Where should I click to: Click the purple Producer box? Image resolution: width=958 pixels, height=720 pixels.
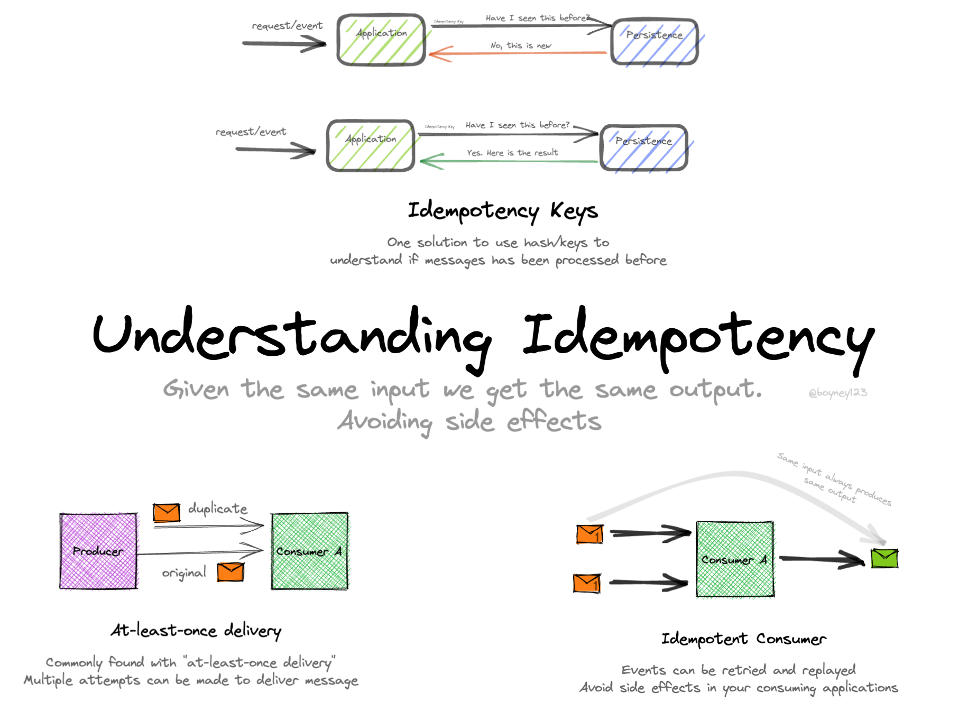(98, 551)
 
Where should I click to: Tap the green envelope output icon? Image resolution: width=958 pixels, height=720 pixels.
(885, 558)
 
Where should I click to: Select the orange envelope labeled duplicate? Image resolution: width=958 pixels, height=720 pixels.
(167, 512)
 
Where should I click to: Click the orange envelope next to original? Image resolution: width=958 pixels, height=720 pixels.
(231, 572)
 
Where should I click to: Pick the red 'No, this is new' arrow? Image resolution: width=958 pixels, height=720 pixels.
(518, 53)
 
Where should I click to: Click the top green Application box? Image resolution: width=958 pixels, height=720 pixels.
(381, 40)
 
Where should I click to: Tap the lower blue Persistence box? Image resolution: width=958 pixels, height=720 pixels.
(644, 148)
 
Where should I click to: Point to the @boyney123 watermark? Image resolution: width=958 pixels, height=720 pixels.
(837, 393)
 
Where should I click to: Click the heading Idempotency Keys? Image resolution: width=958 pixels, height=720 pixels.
(502, 211)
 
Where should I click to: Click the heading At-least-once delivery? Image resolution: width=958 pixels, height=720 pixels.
(196, 631)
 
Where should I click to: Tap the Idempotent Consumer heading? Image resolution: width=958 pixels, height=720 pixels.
(743, 639)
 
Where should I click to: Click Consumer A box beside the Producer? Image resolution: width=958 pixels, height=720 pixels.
(310, 551)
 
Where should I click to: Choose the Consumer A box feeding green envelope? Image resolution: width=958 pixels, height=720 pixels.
(735, 559)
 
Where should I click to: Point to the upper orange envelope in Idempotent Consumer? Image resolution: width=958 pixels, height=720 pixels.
(589, 534)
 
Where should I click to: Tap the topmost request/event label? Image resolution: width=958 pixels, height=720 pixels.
(287, 25)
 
